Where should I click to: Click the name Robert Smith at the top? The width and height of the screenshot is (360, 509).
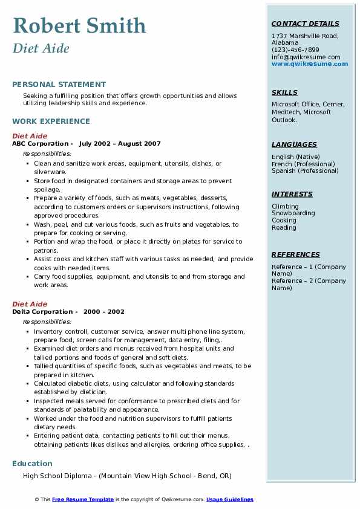pyautogui.click(x=79, y=25)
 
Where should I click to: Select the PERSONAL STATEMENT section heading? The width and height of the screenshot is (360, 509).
pyautogui.click(x=59, y=85)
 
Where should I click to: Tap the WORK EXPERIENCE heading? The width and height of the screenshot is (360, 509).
pyautogui.click(x=51, y=121)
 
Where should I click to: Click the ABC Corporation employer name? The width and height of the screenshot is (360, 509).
pyautogui.click(x=41, y=144)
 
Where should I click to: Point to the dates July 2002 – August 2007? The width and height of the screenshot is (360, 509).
pyautogui.click(x=120, y=144)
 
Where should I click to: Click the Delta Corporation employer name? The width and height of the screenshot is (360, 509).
pyautogui.click(x=42, y=312)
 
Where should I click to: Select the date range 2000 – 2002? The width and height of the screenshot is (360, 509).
pyautogui.click(x=104, y=312)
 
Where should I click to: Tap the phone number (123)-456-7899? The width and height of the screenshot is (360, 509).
pyautogui.click(x=295, y=50)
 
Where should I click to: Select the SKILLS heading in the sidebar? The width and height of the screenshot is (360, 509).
pyautogui.click(x=284, y=92)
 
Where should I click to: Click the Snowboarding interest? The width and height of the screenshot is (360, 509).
pyautogui.click(x=293, y=213)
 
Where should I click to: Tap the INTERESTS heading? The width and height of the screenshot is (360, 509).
pyautogui.click(x=292, y=194)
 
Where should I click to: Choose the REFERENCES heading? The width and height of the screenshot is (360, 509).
pyautogui.click(x=295, y=254)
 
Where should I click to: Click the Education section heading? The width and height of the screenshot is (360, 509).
pyautogui.click(x=32, y=464)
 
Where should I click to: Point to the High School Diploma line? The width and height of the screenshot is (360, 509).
pyautogui.click(x=127, y=476)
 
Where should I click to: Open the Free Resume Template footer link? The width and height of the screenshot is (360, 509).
pyautogui.click(x=83, y=499)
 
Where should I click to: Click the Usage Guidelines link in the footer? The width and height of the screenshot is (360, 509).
pyautogui.click(x=230, y=499)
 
